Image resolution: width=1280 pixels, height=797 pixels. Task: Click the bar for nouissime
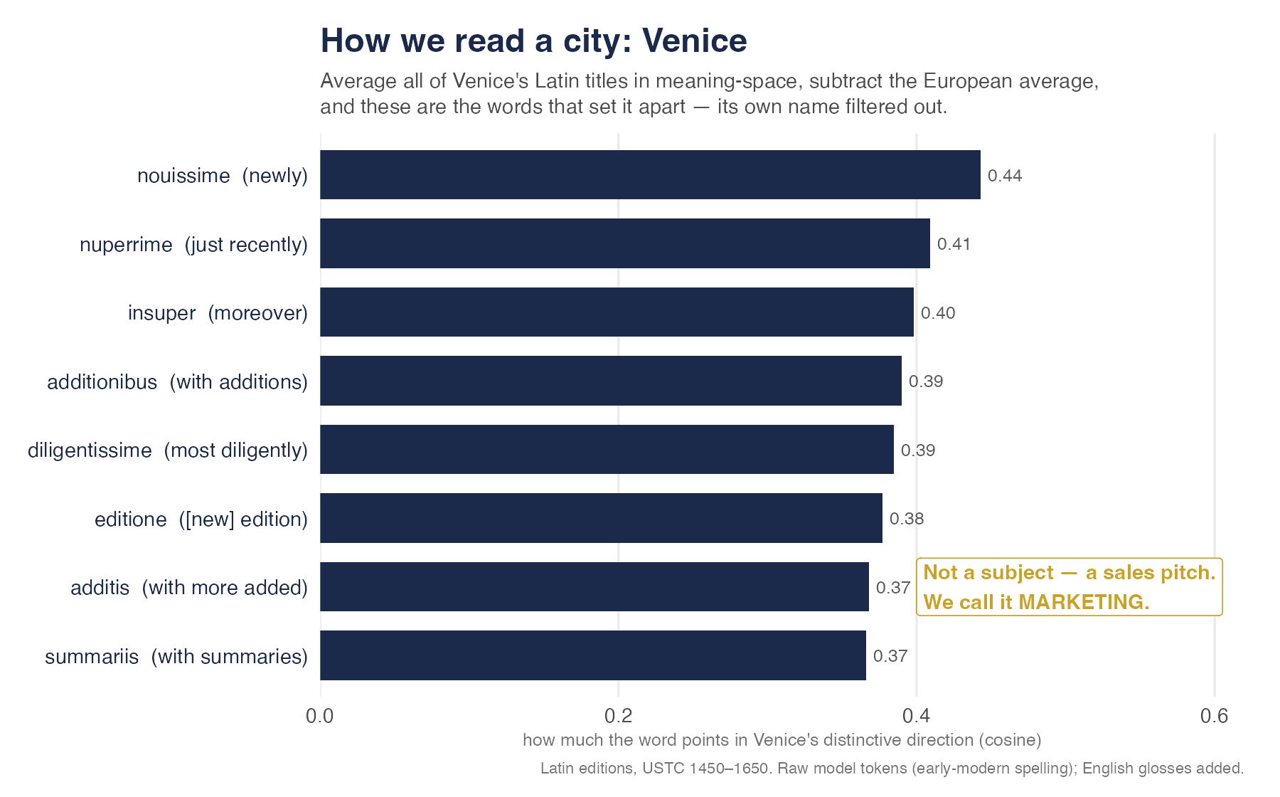point(650,175)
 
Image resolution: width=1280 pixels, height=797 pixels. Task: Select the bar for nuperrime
point(625,243)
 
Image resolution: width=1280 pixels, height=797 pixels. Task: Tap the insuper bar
point(617,312)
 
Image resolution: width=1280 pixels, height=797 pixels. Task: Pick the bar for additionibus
point(611,381)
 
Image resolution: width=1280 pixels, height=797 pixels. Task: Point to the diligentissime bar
point(607,450)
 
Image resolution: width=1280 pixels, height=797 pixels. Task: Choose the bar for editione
point(601,518)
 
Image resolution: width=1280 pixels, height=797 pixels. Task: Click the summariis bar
point(593,655)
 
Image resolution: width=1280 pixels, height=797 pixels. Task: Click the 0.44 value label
point(1005,176)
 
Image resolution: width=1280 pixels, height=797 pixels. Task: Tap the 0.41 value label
point(954,244)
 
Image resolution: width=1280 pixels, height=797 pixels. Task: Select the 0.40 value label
point(938,313)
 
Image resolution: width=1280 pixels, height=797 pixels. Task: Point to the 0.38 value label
point(907,519)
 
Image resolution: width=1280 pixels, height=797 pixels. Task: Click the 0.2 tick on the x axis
point(619,716)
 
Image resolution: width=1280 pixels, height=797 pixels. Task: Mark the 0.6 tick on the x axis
point(1215,716)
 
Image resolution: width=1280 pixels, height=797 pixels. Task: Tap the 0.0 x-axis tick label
point(320,716)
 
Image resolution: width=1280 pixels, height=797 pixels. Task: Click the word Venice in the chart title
point(695,41)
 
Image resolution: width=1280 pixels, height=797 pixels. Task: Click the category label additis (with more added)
point(189,588)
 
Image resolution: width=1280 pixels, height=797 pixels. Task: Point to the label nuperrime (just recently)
point(193,245)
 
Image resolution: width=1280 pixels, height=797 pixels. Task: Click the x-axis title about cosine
point(782,740)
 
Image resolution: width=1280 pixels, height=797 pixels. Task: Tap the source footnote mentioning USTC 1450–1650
point(892,769)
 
